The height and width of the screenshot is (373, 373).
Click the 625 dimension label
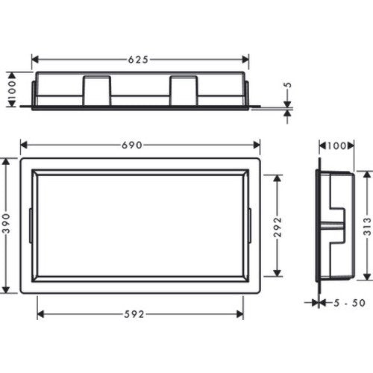tap(138, 60)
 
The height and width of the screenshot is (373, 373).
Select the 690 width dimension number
tap(132, 145)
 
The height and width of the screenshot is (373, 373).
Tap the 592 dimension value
tap(134, 315)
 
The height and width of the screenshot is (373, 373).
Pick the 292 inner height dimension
tap(278, 227)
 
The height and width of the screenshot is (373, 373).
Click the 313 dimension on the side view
tap(367, 226)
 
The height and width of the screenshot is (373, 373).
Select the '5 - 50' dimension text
tap(349, 303)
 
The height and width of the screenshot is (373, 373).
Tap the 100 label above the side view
tap(336, 145)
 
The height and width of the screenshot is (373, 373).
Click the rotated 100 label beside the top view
tap(12, 90)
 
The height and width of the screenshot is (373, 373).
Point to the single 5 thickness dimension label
tap(288, 85)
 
